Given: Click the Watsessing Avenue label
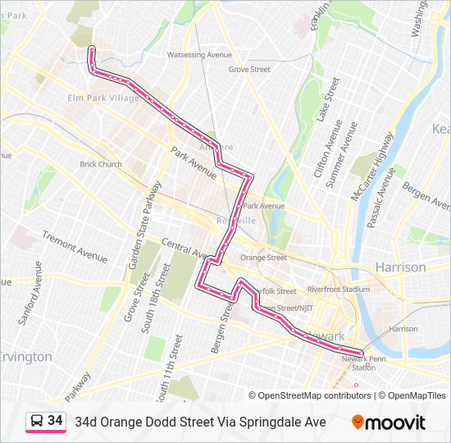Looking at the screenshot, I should point(199,54).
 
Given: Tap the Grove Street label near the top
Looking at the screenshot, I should point(249,70).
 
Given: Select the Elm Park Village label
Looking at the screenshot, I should point(102,98).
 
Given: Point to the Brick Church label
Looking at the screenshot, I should point(101,164).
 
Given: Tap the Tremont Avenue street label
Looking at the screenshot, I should point(75,247).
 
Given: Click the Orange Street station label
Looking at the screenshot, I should point(263,258).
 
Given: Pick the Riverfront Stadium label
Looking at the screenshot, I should point(339,289).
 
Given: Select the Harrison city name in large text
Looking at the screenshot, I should point(400,267).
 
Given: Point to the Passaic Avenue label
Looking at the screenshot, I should point(381,197).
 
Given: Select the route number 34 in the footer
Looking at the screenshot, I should point(55,421).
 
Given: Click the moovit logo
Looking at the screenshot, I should point(389,422).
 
